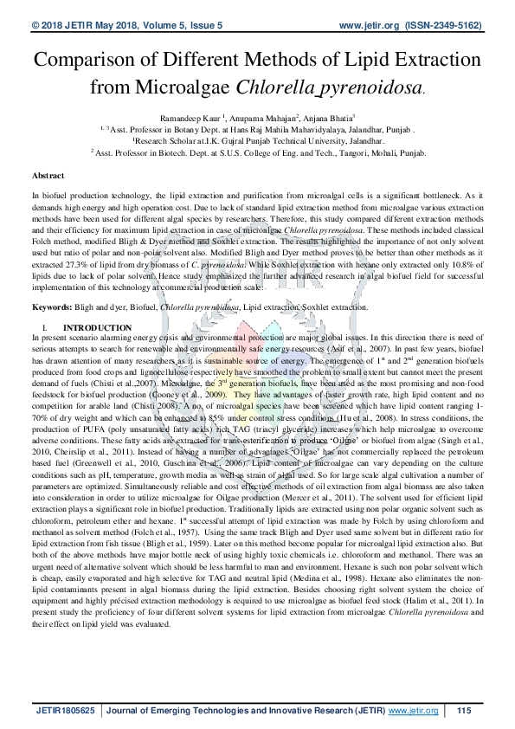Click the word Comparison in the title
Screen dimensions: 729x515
(x=85, y=61)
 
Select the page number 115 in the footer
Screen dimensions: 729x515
(x=464, y=711)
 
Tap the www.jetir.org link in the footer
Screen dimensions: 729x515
(x=414, y=711)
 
